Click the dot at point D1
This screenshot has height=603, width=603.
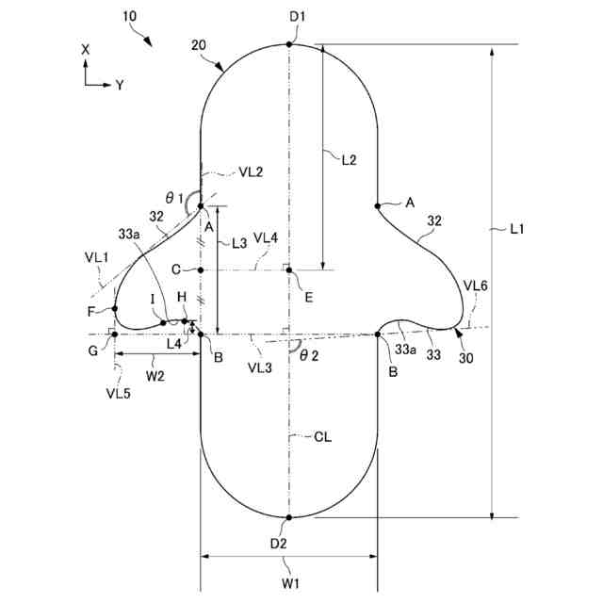click(290, 44)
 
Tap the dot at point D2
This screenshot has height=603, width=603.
click(290, 517)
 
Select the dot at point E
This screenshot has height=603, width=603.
click(290, 270)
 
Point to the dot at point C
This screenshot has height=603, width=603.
click(201, 270)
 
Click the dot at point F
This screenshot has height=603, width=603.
click(115, 309)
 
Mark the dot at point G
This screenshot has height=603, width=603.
click(115, 334)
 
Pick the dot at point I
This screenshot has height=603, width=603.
click(164, 322)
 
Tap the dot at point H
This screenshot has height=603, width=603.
click(185, 321)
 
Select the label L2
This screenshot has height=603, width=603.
click(348, 160)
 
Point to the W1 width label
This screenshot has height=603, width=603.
click(290, 582)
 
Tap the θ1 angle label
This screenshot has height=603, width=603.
click(172, 198)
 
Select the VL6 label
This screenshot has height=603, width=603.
click(474, 284)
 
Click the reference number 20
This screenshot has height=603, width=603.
click(199, 44)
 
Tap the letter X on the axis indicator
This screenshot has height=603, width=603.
click(86, 48)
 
